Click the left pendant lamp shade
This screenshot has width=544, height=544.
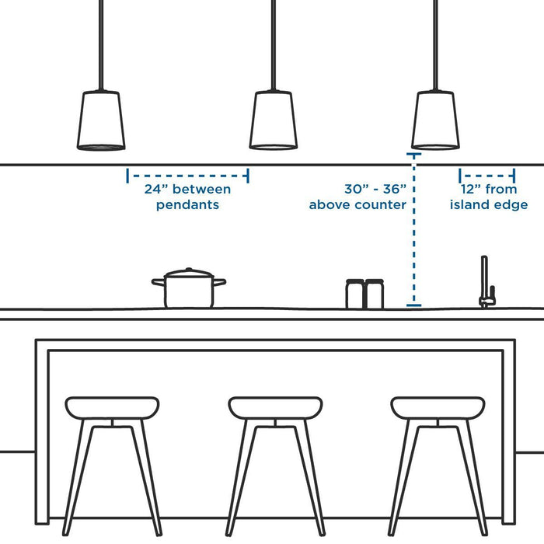pyautogui.click(x=101, y=120)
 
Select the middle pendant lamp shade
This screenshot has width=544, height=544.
pyautogui.click(x=273, y=120)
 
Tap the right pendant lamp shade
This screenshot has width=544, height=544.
pyautogui.click(x=434, y=120)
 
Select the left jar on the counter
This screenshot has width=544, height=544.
pyautogui.click(x=355, y=294)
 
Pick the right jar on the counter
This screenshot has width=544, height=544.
pyautogui.click(x=375, y=294)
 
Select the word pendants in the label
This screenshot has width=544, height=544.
pyautogui.click(x=187, y=205)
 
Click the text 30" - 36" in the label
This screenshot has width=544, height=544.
pyautogui.click(x=375, y=189)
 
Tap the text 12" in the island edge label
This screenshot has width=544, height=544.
pyautogui.click(x=473, y=190)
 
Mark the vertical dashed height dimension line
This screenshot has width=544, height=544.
pyautogui.click(x=413, y=233)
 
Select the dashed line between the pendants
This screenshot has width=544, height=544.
pyautogui.click(x=187, y=176)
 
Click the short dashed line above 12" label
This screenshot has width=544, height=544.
pyautogui.click(x=487, y=176)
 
